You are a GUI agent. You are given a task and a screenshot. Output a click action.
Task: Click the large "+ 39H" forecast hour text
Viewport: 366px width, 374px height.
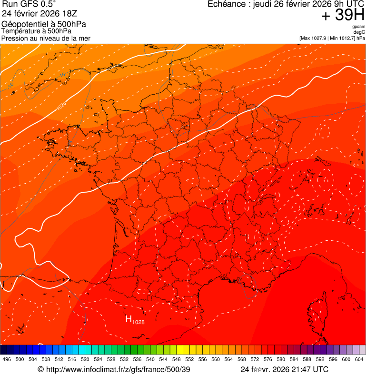pos(343,16)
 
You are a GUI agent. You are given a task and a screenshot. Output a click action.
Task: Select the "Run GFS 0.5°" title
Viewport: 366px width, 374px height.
pos(29,4)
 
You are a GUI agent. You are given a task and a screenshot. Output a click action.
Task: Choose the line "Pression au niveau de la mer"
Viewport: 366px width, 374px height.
pos(46,38)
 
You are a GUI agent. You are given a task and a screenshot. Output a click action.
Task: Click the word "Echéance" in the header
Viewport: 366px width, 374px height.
pos(226,4)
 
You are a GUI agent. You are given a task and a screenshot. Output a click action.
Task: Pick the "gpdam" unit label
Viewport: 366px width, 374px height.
pos(358,27)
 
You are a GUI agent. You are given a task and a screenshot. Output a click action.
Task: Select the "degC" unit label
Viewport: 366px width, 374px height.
pos(359,32)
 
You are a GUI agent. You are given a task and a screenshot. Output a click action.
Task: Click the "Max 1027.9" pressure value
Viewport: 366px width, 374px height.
pos(314,38)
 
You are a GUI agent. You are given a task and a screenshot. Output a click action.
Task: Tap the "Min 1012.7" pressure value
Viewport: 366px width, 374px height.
pos(342,38)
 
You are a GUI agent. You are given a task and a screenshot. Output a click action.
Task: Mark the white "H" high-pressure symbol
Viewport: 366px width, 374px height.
pos(129,319)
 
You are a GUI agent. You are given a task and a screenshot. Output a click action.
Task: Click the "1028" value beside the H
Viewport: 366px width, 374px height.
pos(138,322)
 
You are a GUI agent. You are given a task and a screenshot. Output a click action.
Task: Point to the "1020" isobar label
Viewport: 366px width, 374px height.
pos(61,106)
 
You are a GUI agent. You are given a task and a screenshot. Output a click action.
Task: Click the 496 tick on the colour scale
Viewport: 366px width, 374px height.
pos(7,359)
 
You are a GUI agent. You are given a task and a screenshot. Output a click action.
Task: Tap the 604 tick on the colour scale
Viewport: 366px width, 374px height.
pos(359,359)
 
